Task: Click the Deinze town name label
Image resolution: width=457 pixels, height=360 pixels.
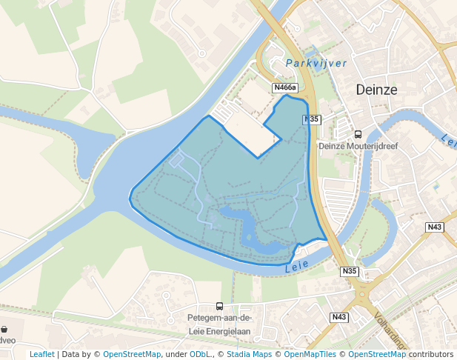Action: [376, 90]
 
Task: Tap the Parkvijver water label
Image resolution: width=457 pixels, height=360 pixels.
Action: [316, 64]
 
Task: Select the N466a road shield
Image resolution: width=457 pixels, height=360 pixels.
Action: [287, 87]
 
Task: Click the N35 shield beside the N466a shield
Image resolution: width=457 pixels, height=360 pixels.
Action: [311, 119]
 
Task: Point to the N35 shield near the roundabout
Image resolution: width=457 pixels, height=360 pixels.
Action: [350, 272]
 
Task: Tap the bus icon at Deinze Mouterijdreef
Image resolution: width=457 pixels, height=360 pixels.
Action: [358, 134]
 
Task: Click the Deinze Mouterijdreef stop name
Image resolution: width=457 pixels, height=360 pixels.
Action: [358, 146]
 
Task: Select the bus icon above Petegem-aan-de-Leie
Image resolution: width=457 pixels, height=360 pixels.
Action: [219, 306]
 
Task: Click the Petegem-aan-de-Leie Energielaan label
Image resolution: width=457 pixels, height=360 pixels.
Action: [219, 325]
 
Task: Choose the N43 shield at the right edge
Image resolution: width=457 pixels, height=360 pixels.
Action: [434, 227]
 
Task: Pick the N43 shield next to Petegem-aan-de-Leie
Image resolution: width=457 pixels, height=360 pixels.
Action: [339, 317]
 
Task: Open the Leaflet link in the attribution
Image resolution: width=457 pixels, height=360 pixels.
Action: [41, 354]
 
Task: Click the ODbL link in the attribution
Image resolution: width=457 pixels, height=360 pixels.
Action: [199, 354]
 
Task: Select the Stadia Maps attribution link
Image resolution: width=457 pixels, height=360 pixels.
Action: [250, 354]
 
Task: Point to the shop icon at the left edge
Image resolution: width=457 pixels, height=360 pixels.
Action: [4, 329]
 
